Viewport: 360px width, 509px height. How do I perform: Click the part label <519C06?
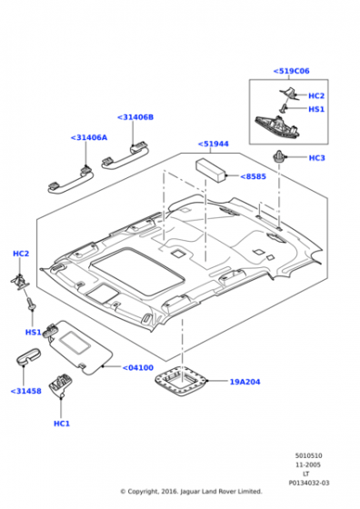coord(291,71)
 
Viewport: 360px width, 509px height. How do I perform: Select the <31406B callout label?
coord(135,117)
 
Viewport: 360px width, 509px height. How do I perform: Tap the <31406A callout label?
coord(88,137)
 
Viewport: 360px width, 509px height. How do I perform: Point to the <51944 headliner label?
coord(213,144)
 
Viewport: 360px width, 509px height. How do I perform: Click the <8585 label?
coord(253,176)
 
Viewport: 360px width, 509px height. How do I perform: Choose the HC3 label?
coord(316,158)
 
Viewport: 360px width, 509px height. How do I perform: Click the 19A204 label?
coord(245,382)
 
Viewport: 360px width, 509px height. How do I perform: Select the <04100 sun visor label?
coord(137,367)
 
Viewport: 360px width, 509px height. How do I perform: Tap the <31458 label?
coord(26,391)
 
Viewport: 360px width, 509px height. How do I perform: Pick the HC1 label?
coord(62,424)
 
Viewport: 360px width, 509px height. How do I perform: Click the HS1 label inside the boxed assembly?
coord(316,109)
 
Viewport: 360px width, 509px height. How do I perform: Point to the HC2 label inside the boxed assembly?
coord(316,95)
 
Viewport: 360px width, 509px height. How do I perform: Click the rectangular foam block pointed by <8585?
coord(211,170)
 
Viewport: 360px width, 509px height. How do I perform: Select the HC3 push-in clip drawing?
coord(279,157)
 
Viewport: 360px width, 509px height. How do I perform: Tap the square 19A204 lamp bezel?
coord(181,381)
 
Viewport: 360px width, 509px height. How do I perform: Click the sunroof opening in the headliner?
coord(137,271)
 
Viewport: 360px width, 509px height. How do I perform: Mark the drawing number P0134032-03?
coord(309,483)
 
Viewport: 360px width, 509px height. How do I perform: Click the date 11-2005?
coord(308,464)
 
